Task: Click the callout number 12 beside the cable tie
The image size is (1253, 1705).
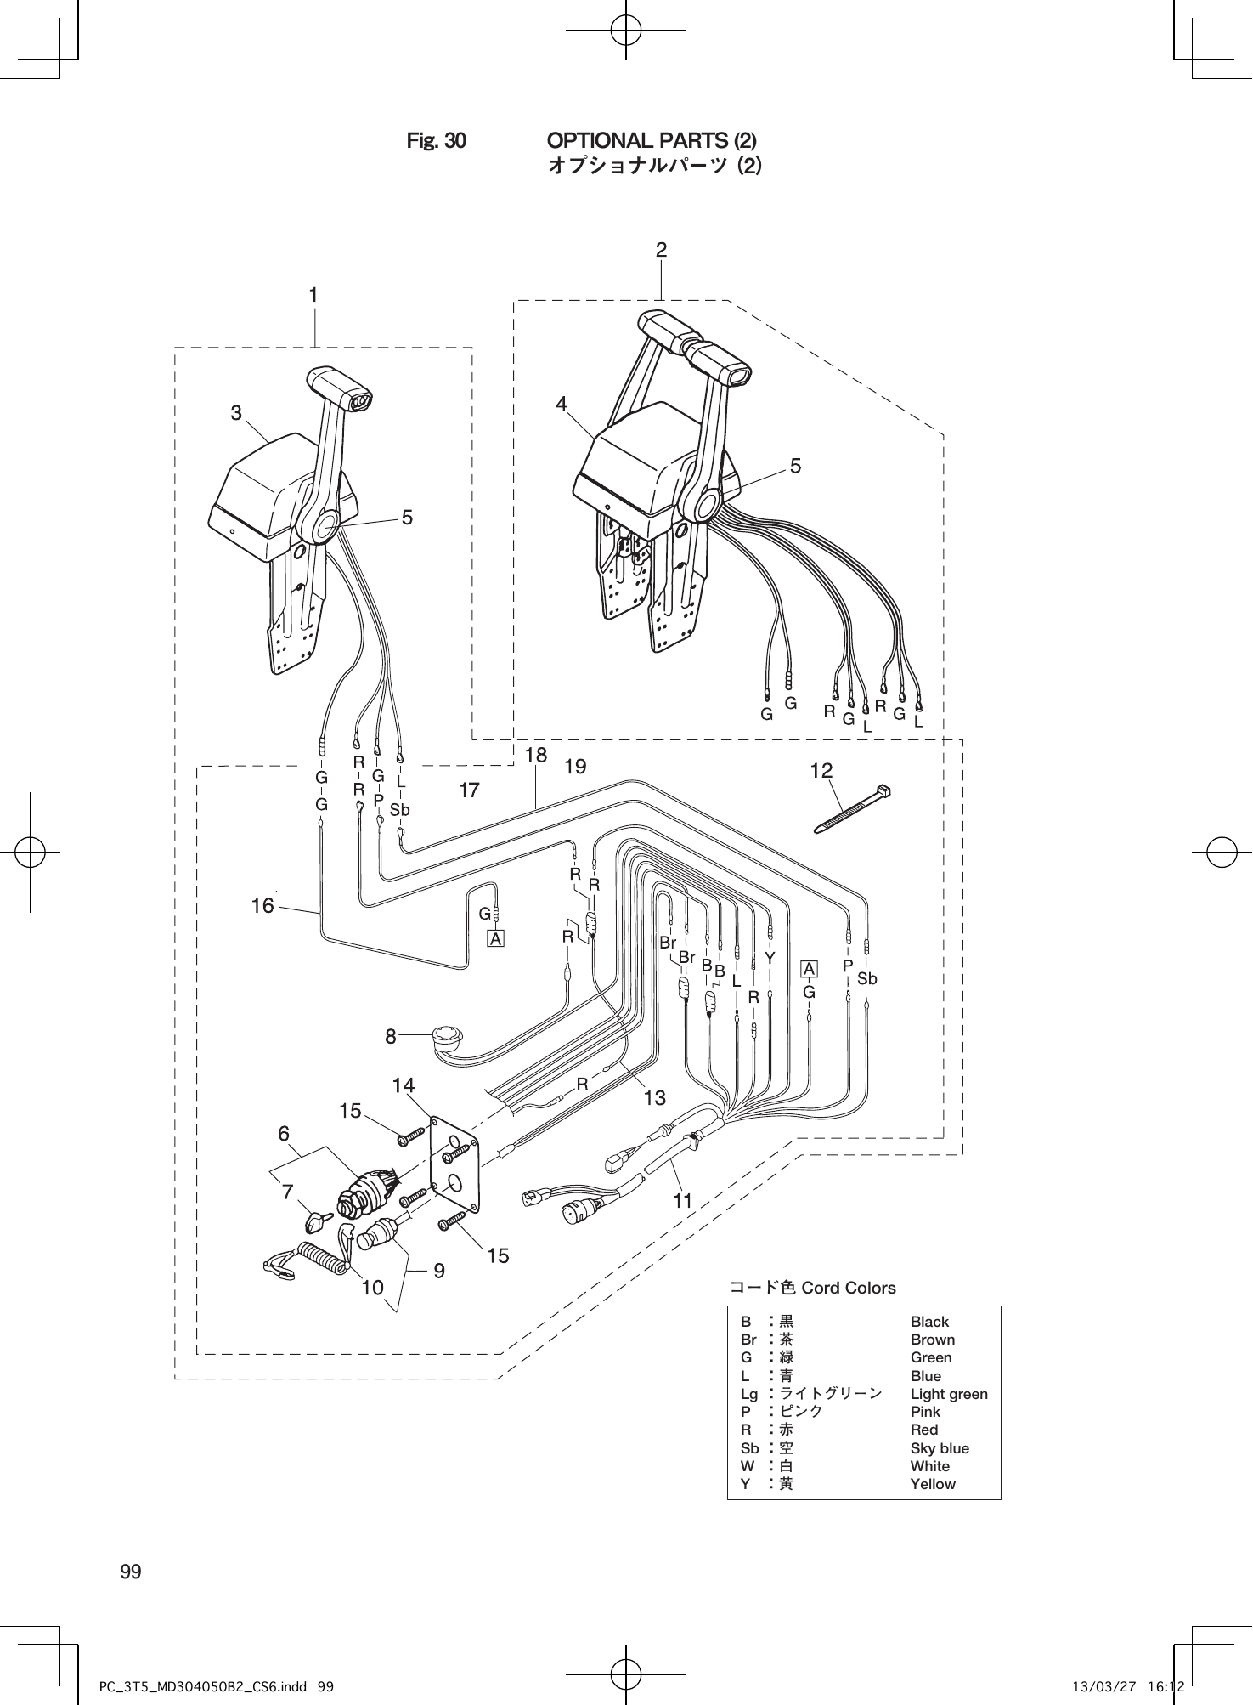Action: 821,771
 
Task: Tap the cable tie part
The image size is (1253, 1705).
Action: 852,809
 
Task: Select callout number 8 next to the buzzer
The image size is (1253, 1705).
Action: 391,1036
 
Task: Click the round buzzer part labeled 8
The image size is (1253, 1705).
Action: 445,1036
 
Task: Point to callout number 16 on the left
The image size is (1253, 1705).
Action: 262,906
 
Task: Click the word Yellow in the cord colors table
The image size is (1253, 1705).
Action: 932,1484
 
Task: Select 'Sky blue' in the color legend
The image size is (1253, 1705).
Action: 939,1448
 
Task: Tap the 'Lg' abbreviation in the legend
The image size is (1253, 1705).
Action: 748,1394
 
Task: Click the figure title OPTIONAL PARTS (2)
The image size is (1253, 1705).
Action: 652,139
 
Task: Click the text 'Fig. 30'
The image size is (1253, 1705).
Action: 436,140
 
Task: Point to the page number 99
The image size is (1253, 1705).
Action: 131,1571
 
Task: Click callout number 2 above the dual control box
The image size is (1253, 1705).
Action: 661,250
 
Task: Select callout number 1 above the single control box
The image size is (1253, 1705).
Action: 313,295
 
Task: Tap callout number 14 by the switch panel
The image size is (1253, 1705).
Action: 404,1085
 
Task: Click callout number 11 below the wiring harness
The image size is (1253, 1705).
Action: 682,1201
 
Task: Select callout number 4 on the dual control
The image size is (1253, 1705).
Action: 562,405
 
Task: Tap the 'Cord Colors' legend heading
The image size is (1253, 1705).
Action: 811,1288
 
